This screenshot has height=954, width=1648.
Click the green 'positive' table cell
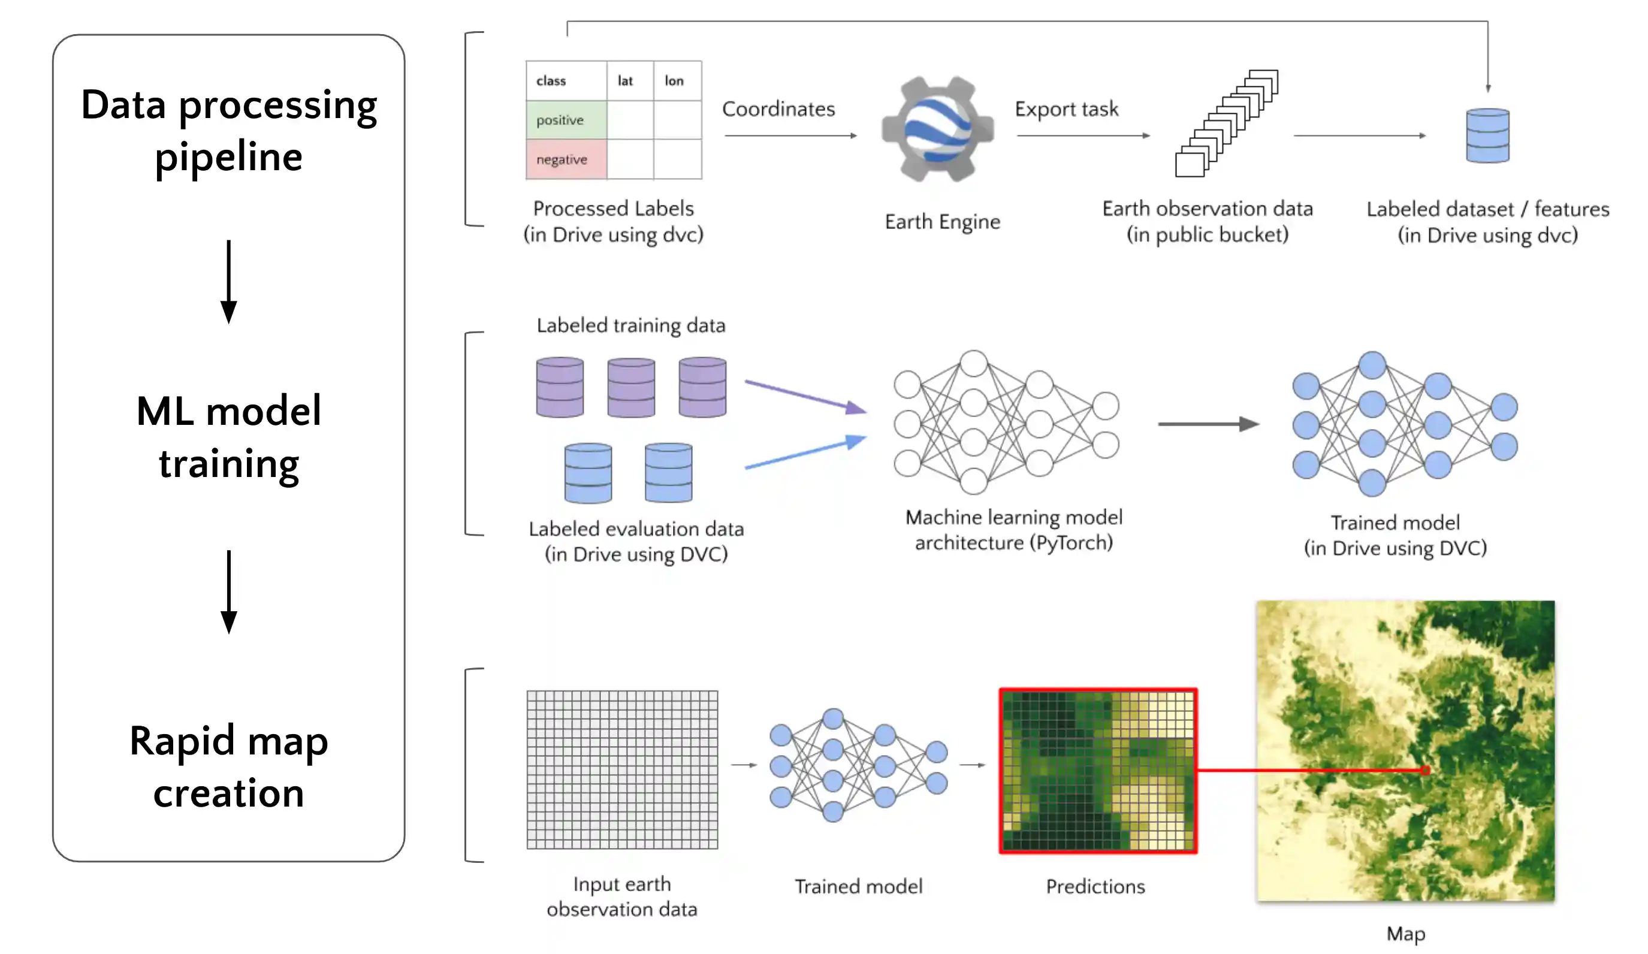tap(566, 120)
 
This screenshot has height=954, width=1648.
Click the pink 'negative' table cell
tap(566, 159)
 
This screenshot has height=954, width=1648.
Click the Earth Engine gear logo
tap(937, 129)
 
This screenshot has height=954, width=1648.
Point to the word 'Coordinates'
tap(778, 109)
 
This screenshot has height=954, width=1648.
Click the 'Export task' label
tap(1066, 109)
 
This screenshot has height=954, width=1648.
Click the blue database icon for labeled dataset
tap(1487, 136)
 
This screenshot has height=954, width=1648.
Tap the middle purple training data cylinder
tap(630, 388)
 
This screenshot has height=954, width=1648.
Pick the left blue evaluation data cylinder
tap(588, 473)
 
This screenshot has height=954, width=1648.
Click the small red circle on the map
tap(1425, 770)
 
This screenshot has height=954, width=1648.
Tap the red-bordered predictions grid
tap(1097, 771)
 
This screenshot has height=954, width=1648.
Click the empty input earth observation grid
tap(622, 769)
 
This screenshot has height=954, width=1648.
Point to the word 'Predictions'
tap(1095, 887)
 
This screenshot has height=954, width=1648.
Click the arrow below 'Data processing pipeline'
tap(228, 281)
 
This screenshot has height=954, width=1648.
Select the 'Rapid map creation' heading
tap(228, 766)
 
